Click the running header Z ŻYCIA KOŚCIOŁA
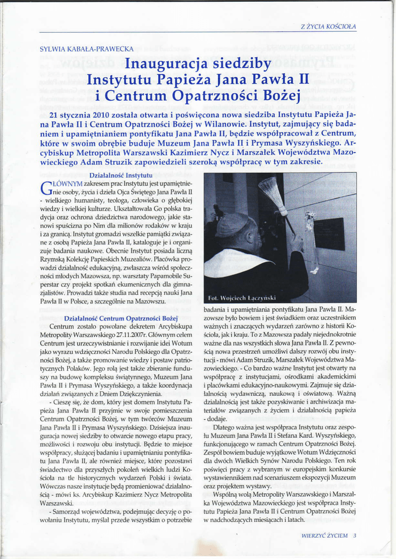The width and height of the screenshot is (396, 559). [x=328, y=26]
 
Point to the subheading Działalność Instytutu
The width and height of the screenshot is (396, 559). [x=120, y=176]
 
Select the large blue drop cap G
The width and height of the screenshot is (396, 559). [x=47, y=189]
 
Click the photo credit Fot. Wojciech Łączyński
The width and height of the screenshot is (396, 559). [x=242, y=298]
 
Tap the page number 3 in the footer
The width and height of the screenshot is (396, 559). [x=355, y=536]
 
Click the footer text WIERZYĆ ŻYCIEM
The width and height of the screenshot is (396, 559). [x=324, y=536]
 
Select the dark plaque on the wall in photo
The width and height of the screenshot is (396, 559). [x=329, y=234]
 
